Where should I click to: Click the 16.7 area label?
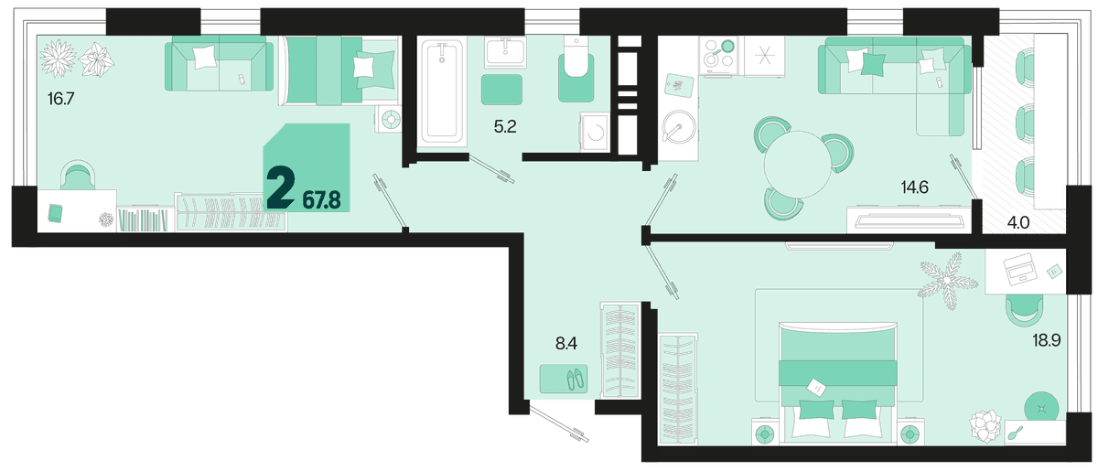[x=60, y=99]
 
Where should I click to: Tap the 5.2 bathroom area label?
[x=505, y=127]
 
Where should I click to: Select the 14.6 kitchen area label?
[x=915, y=187]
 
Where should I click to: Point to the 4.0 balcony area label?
[x=1018, y=223]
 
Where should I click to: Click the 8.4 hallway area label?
[x=566, y=344]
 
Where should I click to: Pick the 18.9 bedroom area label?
[x=1047, y=340]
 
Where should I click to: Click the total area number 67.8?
[x=321, y=200]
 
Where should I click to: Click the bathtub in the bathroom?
[x=442, y=91]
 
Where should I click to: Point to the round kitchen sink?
[x=679, y=127]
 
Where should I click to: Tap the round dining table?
[x=798, y=165]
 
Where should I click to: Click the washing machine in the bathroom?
[x=595, y=132]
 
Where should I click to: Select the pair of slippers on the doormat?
[x=575, y=379]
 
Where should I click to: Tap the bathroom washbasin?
[x=505, y=52]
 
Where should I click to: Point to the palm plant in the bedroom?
[x=949, y=281]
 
